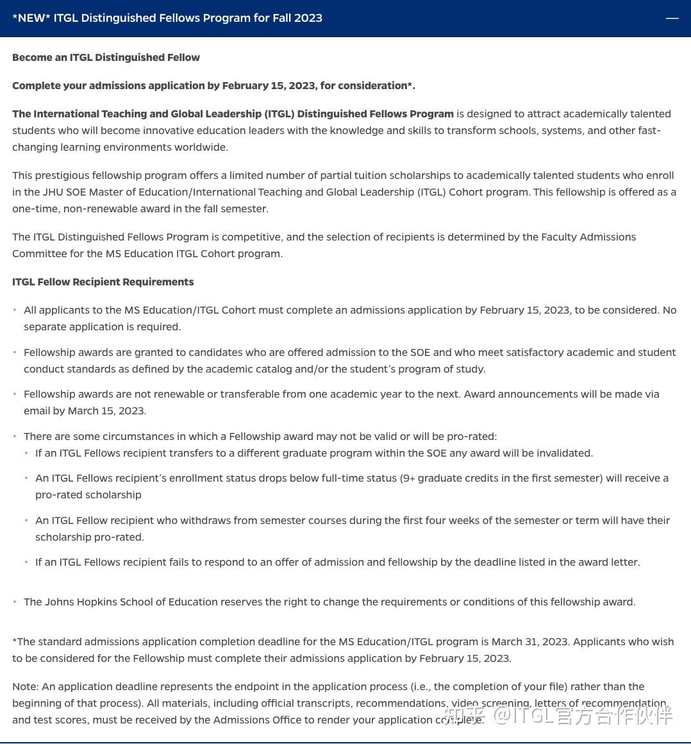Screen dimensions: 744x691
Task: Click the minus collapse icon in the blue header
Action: [x=672, y=18]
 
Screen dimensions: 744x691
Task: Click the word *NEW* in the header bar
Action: [x=31, y=18]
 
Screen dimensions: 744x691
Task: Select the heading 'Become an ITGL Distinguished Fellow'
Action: [x=106, y=58]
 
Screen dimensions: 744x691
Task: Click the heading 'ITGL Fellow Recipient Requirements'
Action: [x=103, y=282]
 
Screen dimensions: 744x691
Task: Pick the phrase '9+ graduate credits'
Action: [x=450, y=478]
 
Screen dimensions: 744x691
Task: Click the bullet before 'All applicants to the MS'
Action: [x=15, y=310]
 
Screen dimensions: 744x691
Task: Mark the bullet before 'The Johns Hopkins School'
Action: [x=15, y=602]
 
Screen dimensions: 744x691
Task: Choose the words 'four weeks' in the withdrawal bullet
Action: [x=441, y=521]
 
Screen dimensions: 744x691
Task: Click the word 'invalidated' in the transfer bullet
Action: [x=561, y=453]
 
